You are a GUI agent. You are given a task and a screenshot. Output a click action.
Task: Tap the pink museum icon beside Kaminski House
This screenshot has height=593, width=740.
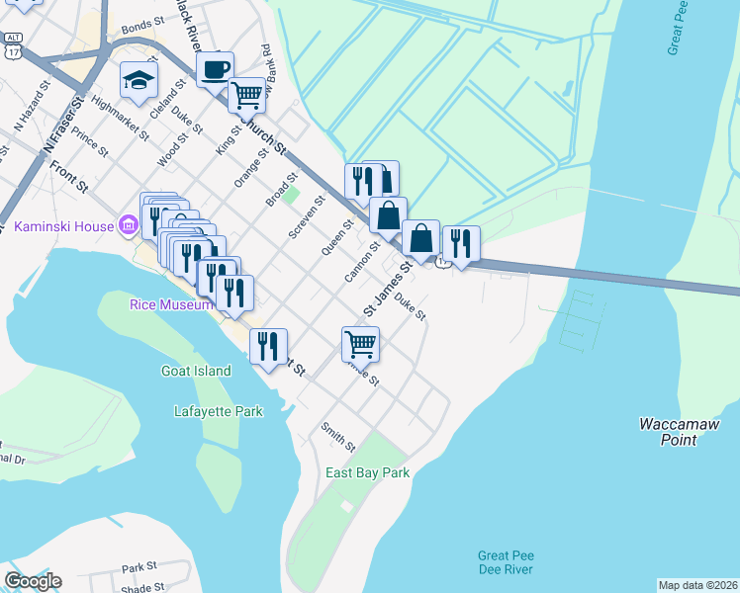[x=128, y=226]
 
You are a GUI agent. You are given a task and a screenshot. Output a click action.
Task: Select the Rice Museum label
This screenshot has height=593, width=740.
[x=171, y=304]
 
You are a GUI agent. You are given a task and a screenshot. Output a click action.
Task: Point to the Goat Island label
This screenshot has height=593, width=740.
[x=196, y=371]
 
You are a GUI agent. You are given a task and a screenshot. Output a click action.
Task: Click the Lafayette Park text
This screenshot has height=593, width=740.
[x=219, y=411]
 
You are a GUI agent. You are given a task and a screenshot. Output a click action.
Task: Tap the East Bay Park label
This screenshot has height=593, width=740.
[x=368, y=472]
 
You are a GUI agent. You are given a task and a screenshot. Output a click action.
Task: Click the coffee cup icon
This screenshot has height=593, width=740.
[x=215, y=69]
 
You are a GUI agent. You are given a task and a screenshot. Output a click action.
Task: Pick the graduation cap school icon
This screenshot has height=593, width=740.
[x=138, y=80]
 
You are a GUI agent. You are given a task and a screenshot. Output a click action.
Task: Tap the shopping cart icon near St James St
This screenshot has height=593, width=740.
[x=361, y=344]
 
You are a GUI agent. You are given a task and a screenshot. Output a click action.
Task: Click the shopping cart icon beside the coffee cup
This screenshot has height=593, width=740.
[x=246, y=95]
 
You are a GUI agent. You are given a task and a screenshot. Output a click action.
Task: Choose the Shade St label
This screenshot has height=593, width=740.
[x=139, y=587]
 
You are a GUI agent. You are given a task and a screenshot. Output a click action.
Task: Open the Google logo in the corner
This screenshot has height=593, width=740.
[x=33, y=581]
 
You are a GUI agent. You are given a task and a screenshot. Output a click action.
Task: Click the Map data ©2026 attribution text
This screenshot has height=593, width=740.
[x=697, y=585]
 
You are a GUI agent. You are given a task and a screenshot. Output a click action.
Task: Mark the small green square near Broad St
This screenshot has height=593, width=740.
[x=292, y=192]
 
